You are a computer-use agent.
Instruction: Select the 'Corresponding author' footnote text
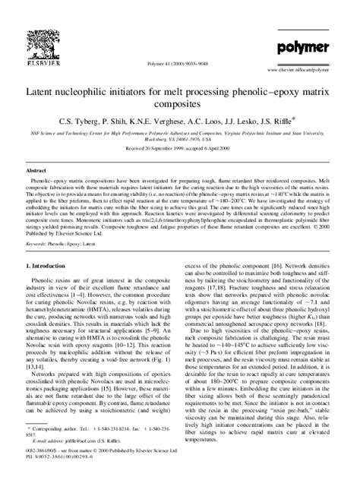pyautogui.click(x=62, y=430)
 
